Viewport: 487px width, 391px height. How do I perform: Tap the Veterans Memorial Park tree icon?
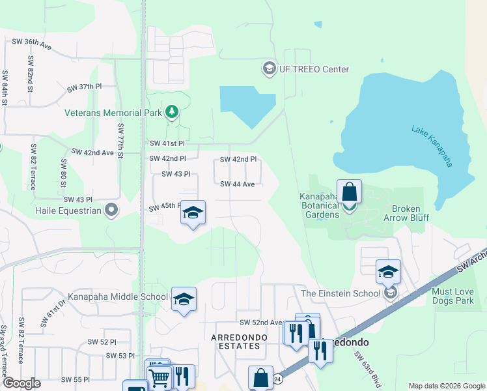[x=172, y=112]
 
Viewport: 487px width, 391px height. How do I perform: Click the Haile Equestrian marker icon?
[x=111, y=210]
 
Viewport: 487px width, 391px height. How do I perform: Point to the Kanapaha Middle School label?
[x=117, y=297]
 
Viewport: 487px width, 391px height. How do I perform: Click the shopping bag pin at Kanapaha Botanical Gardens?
[x=349, y=192]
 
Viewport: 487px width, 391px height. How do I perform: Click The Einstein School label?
[x=341, y=293]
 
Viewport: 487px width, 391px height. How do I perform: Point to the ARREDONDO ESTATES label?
[x=236, y=341]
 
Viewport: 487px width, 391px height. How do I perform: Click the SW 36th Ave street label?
[x=32, y=44]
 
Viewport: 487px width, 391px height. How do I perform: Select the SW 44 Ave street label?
[x=237, y=184]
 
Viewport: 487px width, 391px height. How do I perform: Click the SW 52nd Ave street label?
[x=260, y=323]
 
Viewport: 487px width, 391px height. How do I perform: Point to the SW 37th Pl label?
[x=85, y=87]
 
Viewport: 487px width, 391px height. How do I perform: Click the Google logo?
[x=21, y=383]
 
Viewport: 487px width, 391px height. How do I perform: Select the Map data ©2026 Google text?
[x=446, y=386]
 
